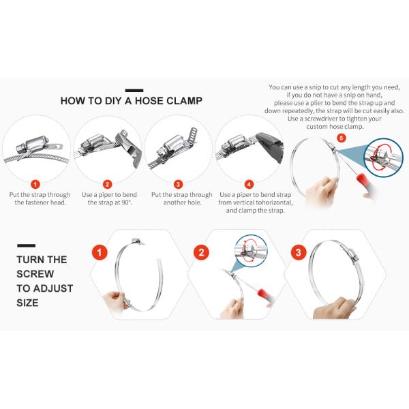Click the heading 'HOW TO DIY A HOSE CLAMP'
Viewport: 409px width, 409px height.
(x=131, y=101)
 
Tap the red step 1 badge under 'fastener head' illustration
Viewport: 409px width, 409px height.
(x=35, y=185)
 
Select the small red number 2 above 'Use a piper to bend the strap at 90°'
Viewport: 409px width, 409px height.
(x=107, y=185)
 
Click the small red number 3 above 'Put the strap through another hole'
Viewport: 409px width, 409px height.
(x=178, y=185)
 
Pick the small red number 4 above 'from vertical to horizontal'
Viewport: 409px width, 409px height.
(x=249, y=185)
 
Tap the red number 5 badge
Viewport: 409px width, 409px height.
(x=342, y=138)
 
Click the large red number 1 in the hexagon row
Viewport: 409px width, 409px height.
(x=100, y=252)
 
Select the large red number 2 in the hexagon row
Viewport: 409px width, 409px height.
(x=201, y=252)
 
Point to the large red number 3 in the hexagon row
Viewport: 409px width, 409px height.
(x=299, y=252)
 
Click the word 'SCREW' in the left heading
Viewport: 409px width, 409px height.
(x=35, y=274)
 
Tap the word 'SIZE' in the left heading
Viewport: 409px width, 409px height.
(x=27, y=303)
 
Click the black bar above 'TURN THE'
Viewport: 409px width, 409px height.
(x=27, y=245)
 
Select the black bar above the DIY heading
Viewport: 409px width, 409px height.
(x=134, y=91)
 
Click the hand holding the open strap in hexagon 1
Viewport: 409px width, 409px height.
(x=115, y=302)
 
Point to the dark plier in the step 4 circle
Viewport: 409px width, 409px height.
(x=269, y=146)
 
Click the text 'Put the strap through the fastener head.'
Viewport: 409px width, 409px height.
(x=40, y=198)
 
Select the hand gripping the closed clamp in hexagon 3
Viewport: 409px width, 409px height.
(x=335, y=308)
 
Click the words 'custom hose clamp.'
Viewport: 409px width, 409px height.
(x=335, y=127)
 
